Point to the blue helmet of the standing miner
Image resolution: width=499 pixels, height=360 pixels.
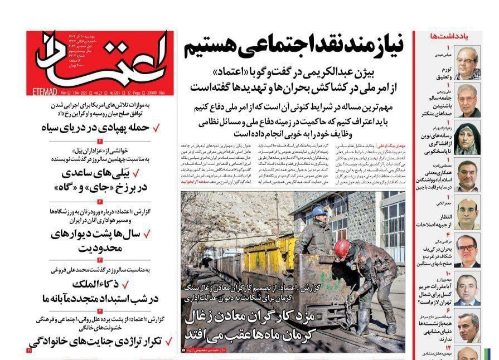pos(319,211)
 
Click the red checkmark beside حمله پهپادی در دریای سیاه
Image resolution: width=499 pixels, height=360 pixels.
pos(157,128)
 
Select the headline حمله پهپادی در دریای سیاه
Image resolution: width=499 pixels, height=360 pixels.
pos(95,128)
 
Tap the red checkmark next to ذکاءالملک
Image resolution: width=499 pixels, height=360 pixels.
pos(157,284)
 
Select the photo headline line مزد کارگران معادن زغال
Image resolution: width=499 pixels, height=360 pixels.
pos(251,318)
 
